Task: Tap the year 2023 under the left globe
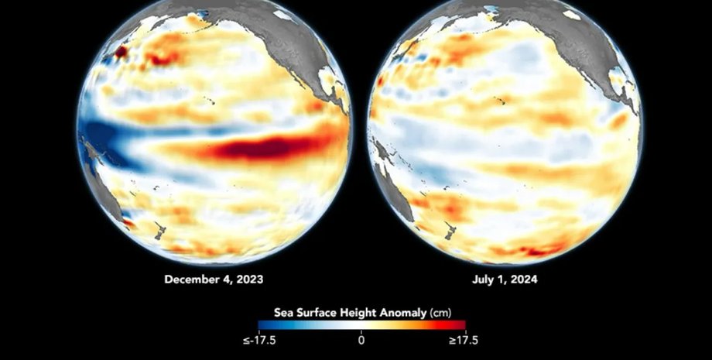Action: coord(249,280)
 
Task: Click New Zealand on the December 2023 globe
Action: coord(161,230)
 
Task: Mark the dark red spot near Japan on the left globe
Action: coord(122,52)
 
